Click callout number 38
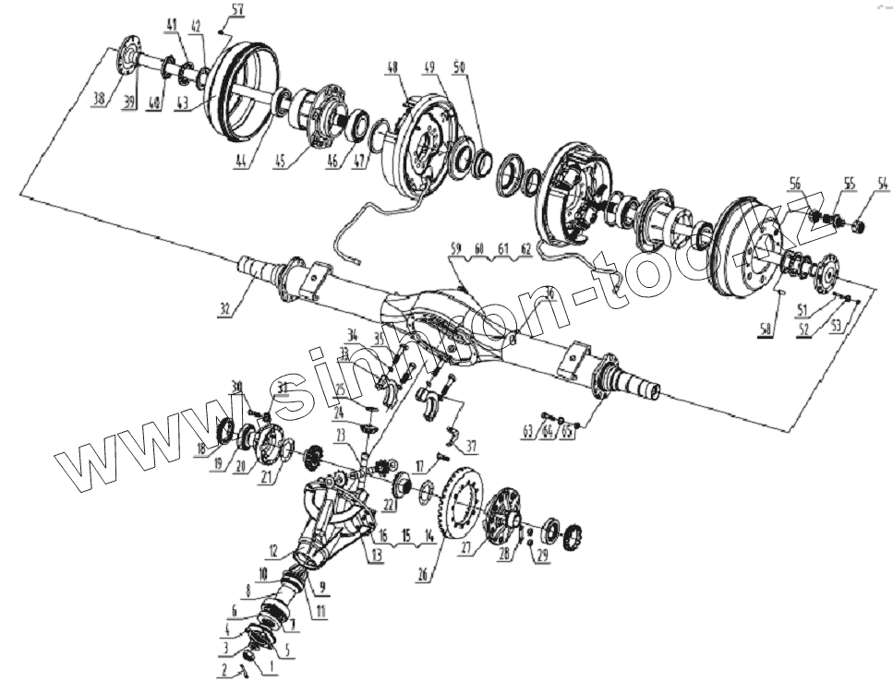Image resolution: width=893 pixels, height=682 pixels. pos(98,101)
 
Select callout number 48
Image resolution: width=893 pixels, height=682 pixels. pos(392,67)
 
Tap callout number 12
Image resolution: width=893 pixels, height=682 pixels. pos(273,552)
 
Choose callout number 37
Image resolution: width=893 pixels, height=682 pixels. pos(471,447)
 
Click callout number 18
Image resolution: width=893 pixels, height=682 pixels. pos(200,449)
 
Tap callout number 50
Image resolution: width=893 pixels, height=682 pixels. pos(460,67)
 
